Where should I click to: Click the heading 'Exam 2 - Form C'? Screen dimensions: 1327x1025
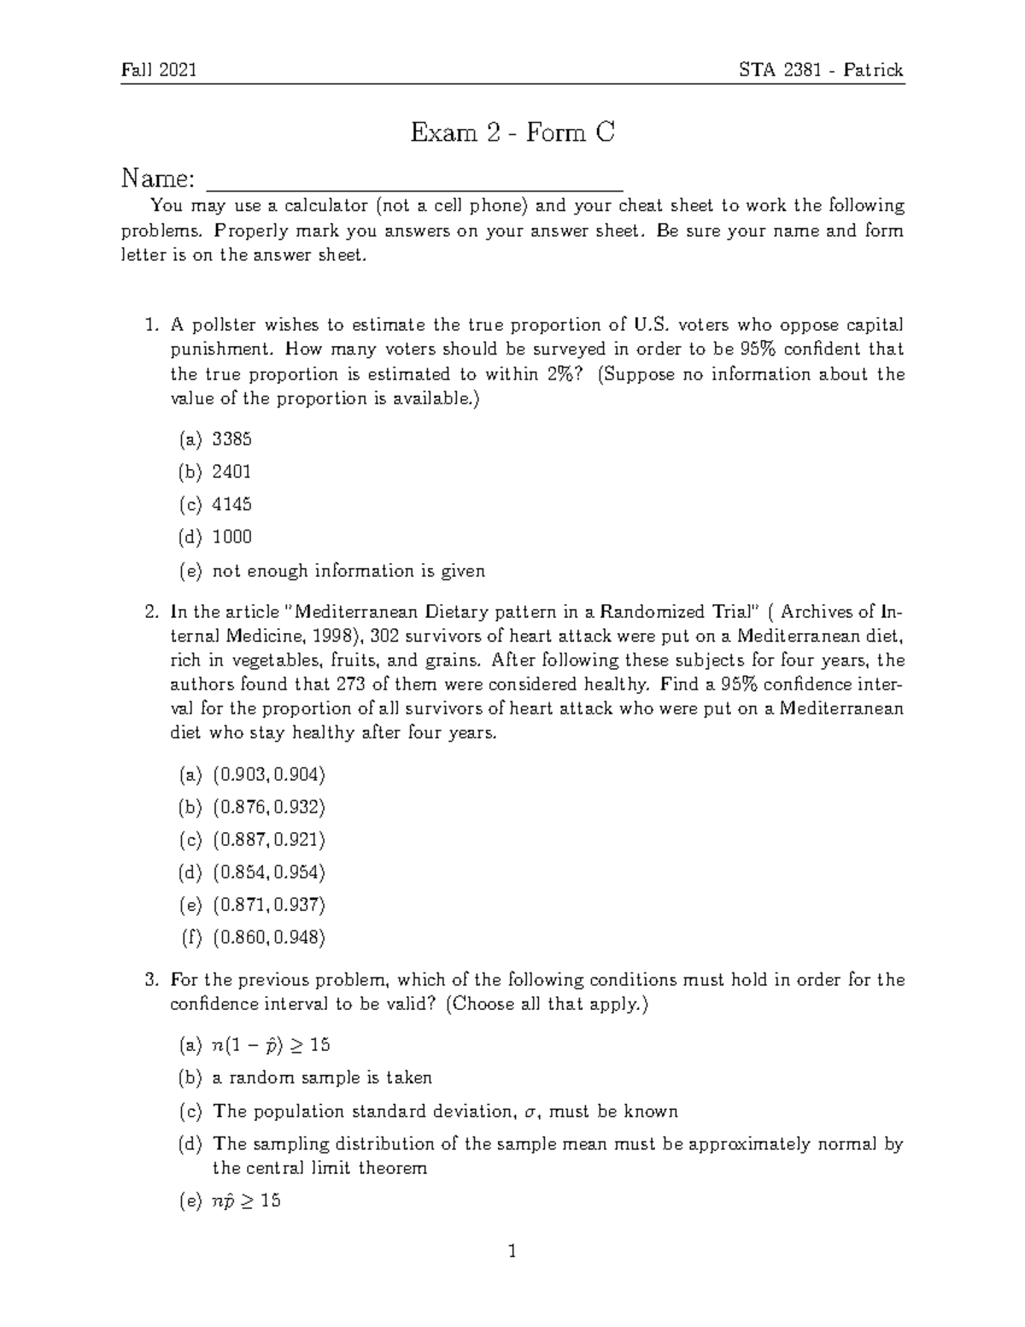(x=512, y=133)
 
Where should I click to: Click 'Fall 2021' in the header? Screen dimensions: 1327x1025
(x=159, y=70)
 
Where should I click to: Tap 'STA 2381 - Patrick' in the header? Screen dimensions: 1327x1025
(x=821, y=70)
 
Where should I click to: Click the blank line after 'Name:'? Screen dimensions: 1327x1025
(x=416, y=181)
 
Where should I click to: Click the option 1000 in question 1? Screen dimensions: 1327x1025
(x=231, y=537)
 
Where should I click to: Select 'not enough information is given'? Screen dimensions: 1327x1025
(x=348, y=571)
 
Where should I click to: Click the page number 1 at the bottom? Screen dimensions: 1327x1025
(x=512, y=1253)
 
